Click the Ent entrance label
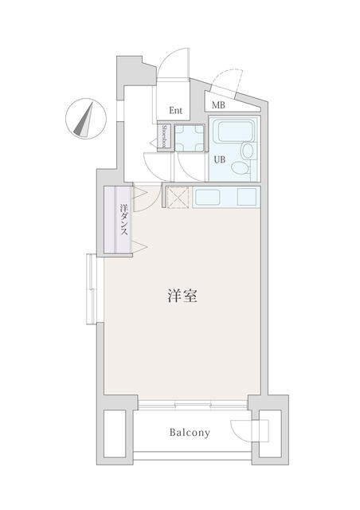175,110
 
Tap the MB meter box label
218,105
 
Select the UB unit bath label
220,159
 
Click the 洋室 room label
182,296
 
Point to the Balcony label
190,433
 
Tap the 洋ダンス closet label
123,220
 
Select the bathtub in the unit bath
236,131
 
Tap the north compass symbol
86,119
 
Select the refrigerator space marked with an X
178,197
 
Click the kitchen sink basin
207,198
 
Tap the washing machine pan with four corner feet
190,138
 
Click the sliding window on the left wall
92,288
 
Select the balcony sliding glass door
193,405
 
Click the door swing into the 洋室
148,198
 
